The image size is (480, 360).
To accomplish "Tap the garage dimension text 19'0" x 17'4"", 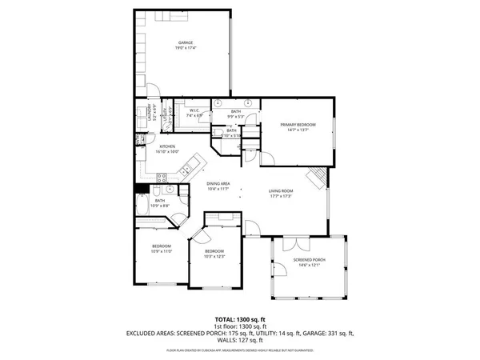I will pos(186,49).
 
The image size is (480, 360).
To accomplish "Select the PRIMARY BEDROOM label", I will pos(298,125).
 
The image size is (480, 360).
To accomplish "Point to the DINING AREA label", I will pos(218,184).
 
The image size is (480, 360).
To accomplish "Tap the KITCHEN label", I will pos(167,146).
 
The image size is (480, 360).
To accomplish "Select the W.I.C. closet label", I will pos(194,111).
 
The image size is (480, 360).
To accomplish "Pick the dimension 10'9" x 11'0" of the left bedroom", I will pos(162,251).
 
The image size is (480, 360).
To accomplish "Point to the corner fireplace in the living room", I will pos(318,175).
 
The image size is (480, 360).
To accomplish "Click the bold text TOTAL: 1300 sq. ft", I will pos(240,319).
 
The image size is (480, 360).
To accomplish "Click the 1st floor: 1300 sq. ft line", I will pos(240,326).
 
